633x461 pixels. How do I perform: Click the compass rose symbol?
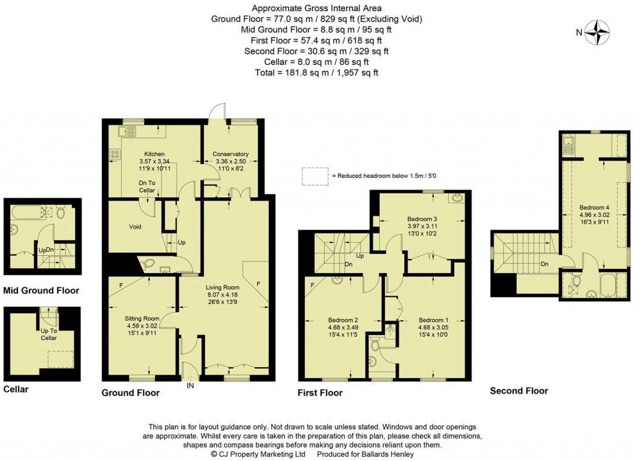(597, 32)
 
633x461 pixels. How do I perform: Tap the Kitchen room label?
(154, 154)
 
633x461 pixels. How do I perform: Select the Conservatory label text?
(231, 154)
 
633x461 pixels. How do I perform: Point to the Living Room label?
(223, 287)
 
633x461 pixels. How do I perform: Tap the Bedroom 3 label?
(422, 219)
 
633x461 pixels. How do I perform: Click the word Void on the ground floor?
(135, 226)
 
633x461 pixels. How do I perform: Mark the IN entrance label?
(190, 386)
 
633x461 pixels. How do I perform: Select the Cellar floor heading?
(15, 389)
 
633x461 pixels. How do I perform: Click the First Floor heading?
(320, 393)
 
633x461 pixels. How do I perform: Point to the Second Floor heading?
(519, 391)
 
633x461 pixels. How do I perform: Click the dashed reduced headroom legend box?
(315, 176)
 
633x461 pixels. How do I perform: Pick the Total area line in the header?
(316, 73)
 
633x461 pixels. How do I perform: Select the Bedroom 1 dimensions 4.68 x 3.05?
(433, 328)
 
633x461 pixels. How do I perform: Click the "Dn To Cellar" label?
(147, 187)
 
